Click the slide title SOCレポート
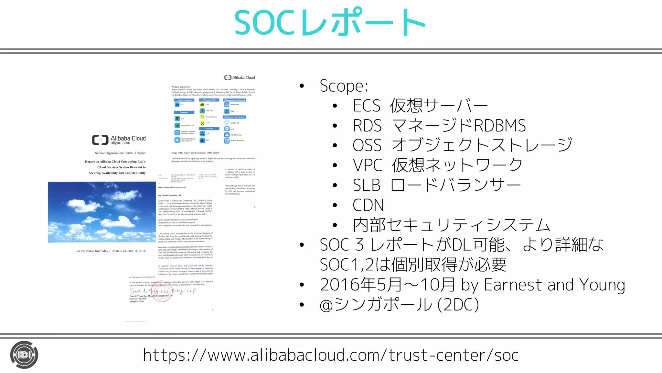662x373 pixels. [330, 23]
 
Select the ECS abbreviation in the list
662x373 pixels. [367, 106]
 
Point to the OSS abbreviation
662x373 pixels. [367, 145]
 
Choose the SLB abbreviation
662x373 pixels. [367, 186]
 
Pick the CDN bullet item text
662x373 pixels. [368, 205]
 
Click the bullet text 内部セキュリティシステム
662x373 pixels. [451, 225]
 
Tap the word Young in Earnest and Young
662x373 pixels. [602, 285]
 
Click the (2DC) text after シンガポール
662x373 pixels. [458, 305]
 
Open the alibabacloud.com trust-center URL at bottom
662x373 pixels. [331, 355]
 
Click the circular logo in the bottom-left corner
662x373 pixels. [24, 355]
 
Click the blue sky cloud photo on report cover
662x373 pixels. [101, 212]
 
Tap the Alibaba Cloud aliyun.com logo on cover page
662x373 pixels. [119, 140]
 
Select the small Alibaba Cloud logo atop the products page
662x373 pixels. [240, 78]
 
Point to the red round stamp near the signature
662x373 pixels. [162, 291]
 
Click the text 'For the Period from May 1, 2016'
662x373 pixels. [110, 251]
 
